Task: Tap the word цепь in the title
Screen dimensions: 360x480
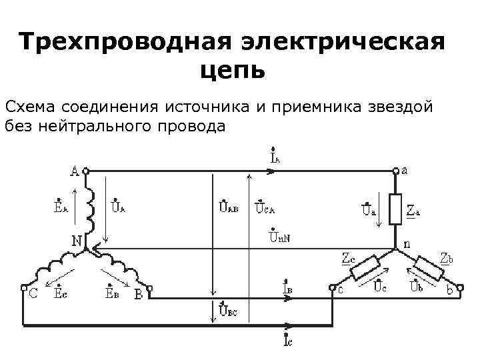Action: tap(231, 69)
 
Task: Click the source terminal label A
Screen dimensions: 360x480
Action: tap(74, 171)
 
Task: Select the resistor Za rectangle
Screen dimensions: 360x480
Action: tap(395, 208)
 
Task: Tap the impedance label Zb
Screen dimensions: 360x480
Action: tap(447, 257)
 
